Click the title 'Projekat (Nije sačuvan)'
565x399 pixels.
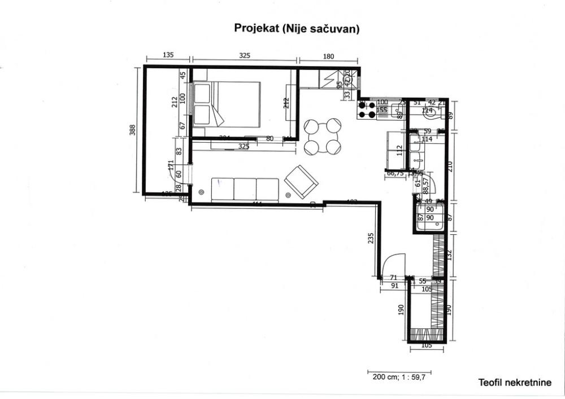click(297, 29)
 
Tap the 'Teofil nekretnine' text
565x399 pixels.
click(514, 383)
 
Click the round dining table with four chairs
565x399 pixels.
click(323, 137)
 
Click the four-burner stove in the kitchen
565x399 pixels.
click(367, 110)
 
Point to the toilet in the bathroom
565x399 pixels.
click(431, 113)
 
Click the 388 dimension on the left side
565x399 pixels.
click(132, 130)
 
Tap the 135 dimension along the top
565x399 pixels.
click(168, 55)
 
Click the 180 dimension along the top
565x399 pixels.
click(329, 56)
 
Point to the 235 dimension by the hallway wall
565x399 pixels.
click(371, 238)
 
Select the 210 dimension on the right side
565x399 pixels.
click(450, 166)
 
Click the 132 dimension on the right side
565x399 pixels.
click(450, 255)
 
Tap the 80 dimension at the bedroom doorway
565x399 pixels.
click(270, 138)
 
